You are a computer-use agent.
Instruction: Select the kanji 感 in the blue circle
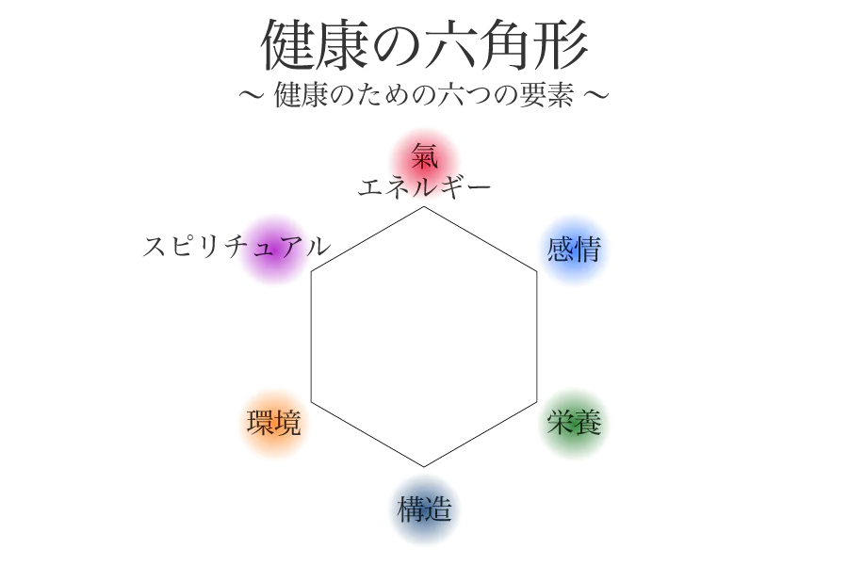click(561, 250)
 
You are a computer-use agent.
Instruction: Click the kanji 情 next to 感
click(588, 250)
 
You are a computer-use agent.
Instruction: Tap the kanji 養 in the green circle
click(588, 423)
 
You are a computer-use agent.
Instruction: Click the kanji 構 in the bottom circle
click(411, 509)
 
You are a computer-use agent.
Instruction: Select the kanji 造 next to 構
click(438, 509)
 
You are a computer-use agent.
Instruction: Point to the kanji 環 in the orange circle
click(260, 423)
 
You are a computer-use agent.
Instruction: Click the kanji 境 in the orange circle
click(287, 423)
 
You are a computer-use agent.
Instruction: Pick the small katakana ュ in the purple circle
click(266, 250)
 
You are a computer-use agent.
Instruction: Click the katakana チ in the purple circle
click(239, 248)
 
